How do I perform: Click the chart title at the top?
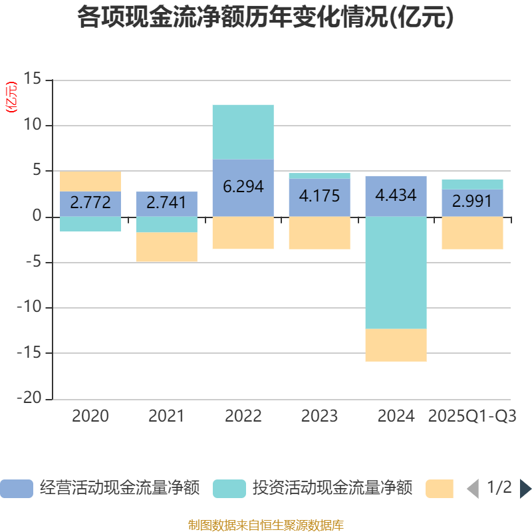pyautogui.click(x=265, y=18)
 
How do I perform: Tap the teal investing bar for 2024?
pyautogui.click(x=396, y=273)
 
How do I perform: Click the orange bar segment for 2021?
pyautogui.click(x=166, y=247)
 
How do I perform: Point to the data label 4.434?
pyautogui.click(x=396, y=196)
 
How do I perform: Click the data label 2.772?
pyautogui.click(x=90, y=203)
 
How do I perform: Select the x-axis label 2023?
pyautogui.click(x=319, y=417)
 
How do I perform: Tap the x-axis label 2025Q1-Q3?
pyautogui.click(x=472, y=417)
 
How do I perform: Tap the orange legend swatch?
pyautogui.click(x=439, y=488)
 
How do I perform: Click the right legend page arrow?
pyautogui.click(x=525, y=489)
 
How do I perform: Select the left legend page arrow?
pyautogui.click(x=473, y=489)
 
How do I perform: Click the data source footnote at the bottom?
pyautogui.click(x=265, y=525)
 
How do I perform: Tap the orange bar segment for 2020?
pyautogui.click(x=90, y=182)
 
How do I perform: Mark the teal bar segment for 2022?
pyautogui.click(x=243, y=132)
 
